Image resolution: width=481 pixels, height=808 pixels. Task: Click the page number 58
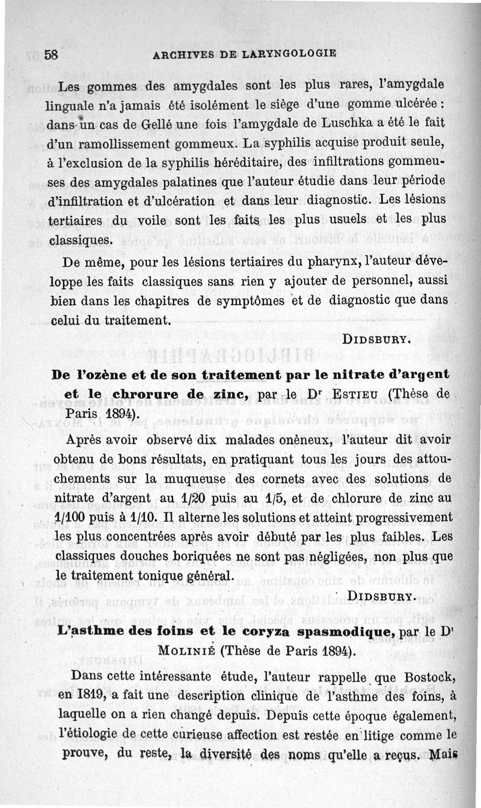(51, 54)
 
